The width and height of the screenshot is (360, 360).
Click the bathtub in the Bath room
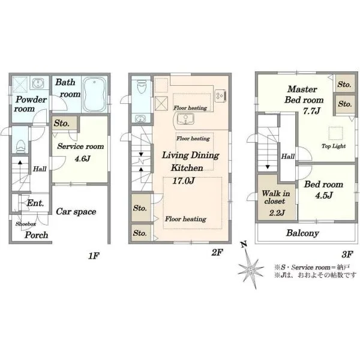click(94, 94)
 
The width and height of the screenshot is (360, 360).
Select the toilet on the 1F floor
click(20, 146)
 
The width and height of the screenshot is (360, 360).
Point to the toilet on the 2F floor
click(142, 86)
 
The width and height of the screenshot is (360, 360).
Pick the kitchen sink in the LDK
click(185, 119)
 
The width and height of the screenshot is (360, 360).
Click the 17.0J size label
click(183, 181)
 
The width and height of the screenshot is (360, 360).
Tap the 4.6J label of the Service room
click(82, 158)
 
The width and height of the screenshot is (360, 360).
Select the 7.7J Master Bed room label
click(311, 111)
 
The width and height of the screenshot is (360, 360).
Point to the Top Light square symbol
click(335, 133)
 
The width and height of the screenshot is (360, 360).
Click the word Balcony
click(302, 233)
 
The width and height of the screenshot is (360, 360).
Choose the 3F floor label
click(347, 254)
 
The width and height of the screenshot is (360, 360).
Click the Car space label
click(76, 212)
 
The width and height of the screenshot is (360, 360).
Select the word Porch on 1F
click(36, 235)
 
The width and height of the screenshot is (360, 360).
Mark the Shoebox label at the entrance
click(26, 224)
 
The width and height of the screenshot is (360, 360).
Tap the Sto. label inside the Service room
click(62, 123)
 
